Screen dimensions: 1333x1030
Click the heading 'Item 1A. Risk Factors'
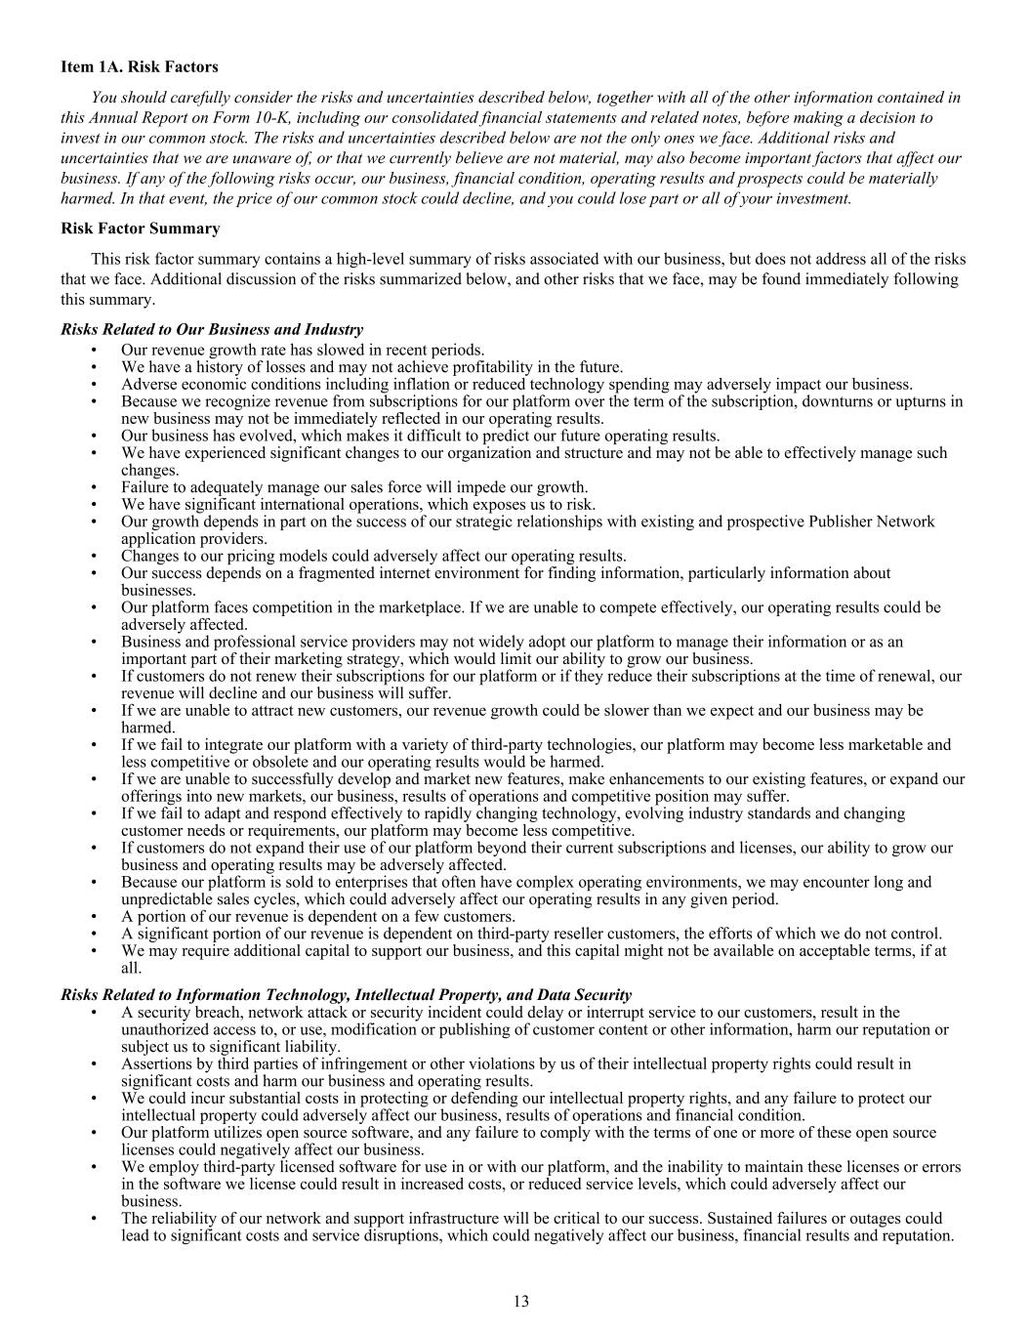(140, 67)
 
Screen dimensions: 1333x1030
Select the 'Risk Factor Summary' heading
(140, 229)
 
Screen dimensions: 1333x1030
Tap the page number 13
(520, 1301)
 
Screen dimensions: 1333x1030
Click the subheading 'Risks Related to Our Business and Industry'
(212, 330)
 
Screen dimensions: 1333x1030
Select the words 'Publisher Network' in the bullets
(871, 521)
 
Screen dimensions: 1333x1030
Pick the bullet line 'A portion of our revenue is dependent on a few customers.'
(318, 916)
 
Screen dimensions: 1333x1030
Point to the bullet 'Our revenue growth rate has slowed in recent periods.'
(303, 350)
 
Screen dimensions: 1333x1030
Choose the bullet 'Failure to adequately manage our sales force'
(354, 487)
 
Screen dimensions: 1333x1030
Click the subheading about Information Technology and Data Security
(346, 994)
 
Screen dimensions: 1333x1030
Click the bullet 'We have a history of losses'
(372, 367)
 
